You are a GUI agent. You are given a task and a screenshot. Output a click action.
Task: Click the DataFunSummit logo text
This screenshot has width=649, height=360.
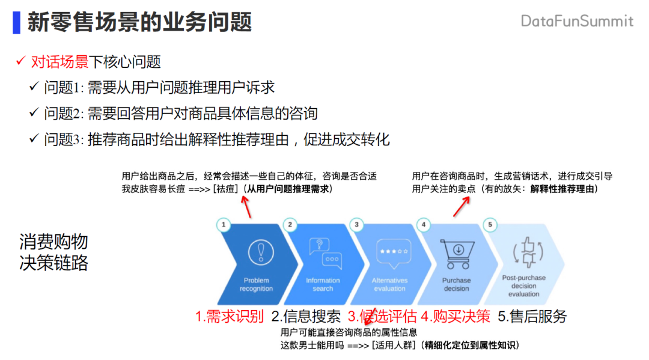pos(576,21)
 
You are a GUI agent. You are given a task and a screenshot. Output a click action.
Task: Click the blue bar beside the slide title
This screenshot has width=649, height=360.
pos(16,22)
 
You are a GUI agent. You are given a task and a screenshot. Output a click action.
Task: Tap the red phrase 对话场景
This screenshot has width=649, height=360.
pos(59,61)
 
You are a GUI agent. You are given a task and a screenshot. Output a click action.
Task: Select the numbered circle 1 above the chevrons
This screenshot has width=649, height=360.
pos(224,225)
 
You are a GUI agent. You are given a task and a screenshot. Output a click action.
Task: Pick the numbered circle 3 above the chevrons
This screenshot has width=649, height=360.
pos(357,225)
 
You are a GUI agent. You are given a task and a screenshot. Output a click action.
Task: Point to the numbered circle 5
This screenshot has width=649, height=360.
pos(490,225)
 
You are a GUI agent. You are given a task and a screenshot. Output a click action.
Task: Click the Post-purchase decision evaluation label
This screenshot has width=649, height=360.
pos(523,285)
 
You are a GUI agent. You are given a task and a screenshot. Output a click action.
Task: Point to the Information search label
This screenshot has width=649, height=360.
pos(323,284)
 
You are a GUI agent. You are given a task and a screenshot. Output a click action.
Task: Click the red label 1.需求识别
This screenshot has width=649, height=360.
pos(230,316)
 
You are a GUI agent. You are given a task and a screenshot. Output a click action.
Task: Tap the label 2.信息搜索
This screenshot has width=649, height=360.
pos(306,316)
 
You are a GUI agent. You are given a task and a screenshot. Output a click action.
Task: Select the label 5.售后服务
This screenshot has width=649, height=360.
pos(532,316)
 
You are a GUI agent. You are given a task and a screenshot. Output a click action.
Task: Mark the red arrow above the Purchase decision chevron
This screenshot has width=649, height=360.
pos(460,206)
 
